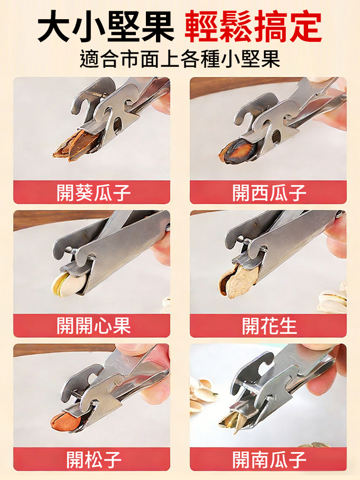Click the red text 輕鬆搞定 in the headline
253,28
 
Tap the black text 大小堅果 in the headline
106,28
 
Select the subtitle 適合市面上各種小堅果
180,60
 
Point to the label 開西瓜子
269,193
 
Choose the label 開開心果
94,326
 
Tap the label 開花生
269,326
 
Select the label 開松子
94,459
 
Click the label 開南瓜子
269,459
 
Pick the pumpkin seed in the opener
230,420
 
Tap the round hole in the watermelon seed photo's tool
277,138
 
